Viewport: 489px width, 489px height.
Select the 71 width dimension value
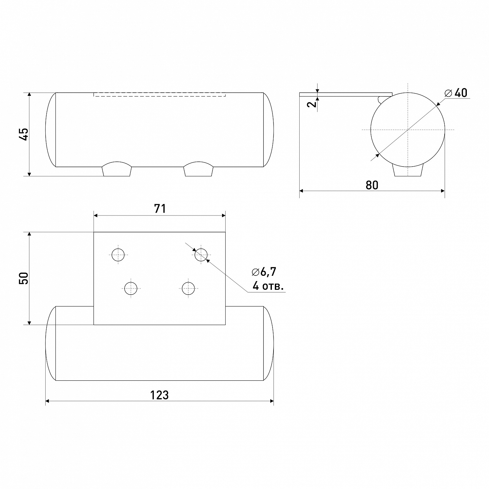(x=160, y=209)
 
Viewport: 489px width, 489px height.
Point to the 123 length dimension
(x=159, y=395)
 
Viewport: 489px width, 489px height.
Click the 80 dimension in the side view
(x=372, y=185)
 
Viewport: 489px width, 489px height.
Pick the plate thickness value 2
(x=312, y=104)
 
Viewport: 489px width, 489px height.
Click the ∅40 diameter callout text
(x=456, y=93)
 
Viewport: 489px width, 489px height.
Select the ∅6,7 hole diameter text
(x=264, y=272)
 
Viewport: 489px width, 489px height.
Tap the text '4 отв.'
(x=268, y=287)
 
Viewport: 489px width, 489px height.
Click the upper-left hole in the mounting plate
(x=118, y=255)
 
